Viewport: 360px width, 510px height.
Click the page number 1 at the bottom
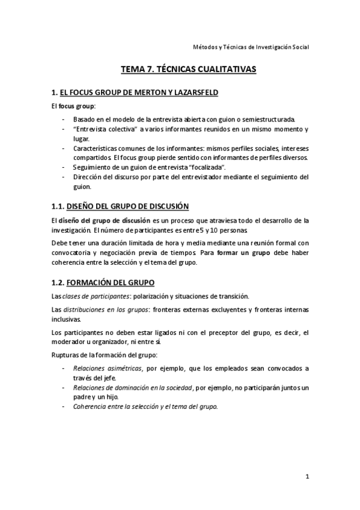click(307, 478)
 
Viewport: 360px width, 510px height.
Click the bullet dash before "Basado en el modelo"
click(64, 119)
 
